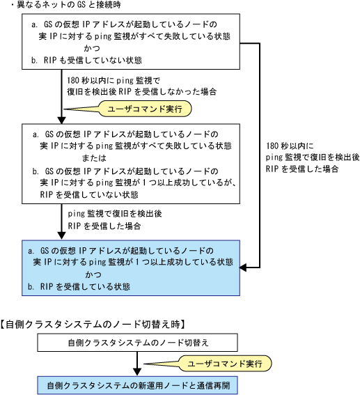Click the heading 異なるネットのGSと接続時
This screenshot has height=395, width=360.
[x=68, y=4]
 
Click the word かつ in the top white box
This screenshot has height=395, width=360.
[x=92, y=48]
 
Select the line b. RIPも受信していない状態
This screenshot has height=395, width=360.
[x=86, y=60]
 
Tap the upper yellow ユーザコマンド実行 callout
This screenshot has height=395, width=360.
[x=145, y=109]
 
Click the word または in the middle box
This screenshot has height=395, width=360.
[x=94, y=157]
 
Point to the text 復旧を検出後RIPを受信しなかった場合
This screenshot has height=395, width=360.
[x=142, y=91]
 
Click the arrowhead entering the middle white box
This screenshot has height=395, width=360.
[x=61, y=120]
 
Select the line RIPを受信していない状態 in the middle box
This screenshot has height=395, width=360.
[x=89, y=194]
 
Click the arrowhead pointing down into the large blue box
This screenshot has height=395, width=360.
[x=61, y=235]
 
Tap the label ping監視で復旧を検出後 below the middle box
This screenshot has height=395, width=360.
[x=115, y=214]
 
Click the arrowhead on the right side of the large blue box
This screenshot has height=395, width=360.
[x=243, y=268]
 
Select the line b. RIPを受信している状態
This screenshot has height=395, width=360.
[x=79, y=286]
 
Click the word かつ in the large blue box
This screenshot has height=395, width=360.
[x=93, y=274]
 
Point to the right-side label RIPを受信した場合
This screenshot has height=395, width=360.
[x=302, y=169]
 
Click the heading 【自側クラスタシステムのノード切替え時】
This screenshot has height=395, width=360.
[x=93, y=324]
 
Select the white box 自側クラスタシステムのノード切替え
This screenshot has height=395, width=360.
[x=137, y=343]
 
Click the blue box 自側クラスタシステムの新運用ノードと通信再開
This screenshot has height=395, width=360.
[x=137, y=385]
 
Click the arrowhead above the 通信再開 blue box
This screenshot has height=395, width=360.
[x=137, y=373]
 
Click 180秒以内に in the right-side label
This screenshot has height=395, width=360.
[x=290, y=146]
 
